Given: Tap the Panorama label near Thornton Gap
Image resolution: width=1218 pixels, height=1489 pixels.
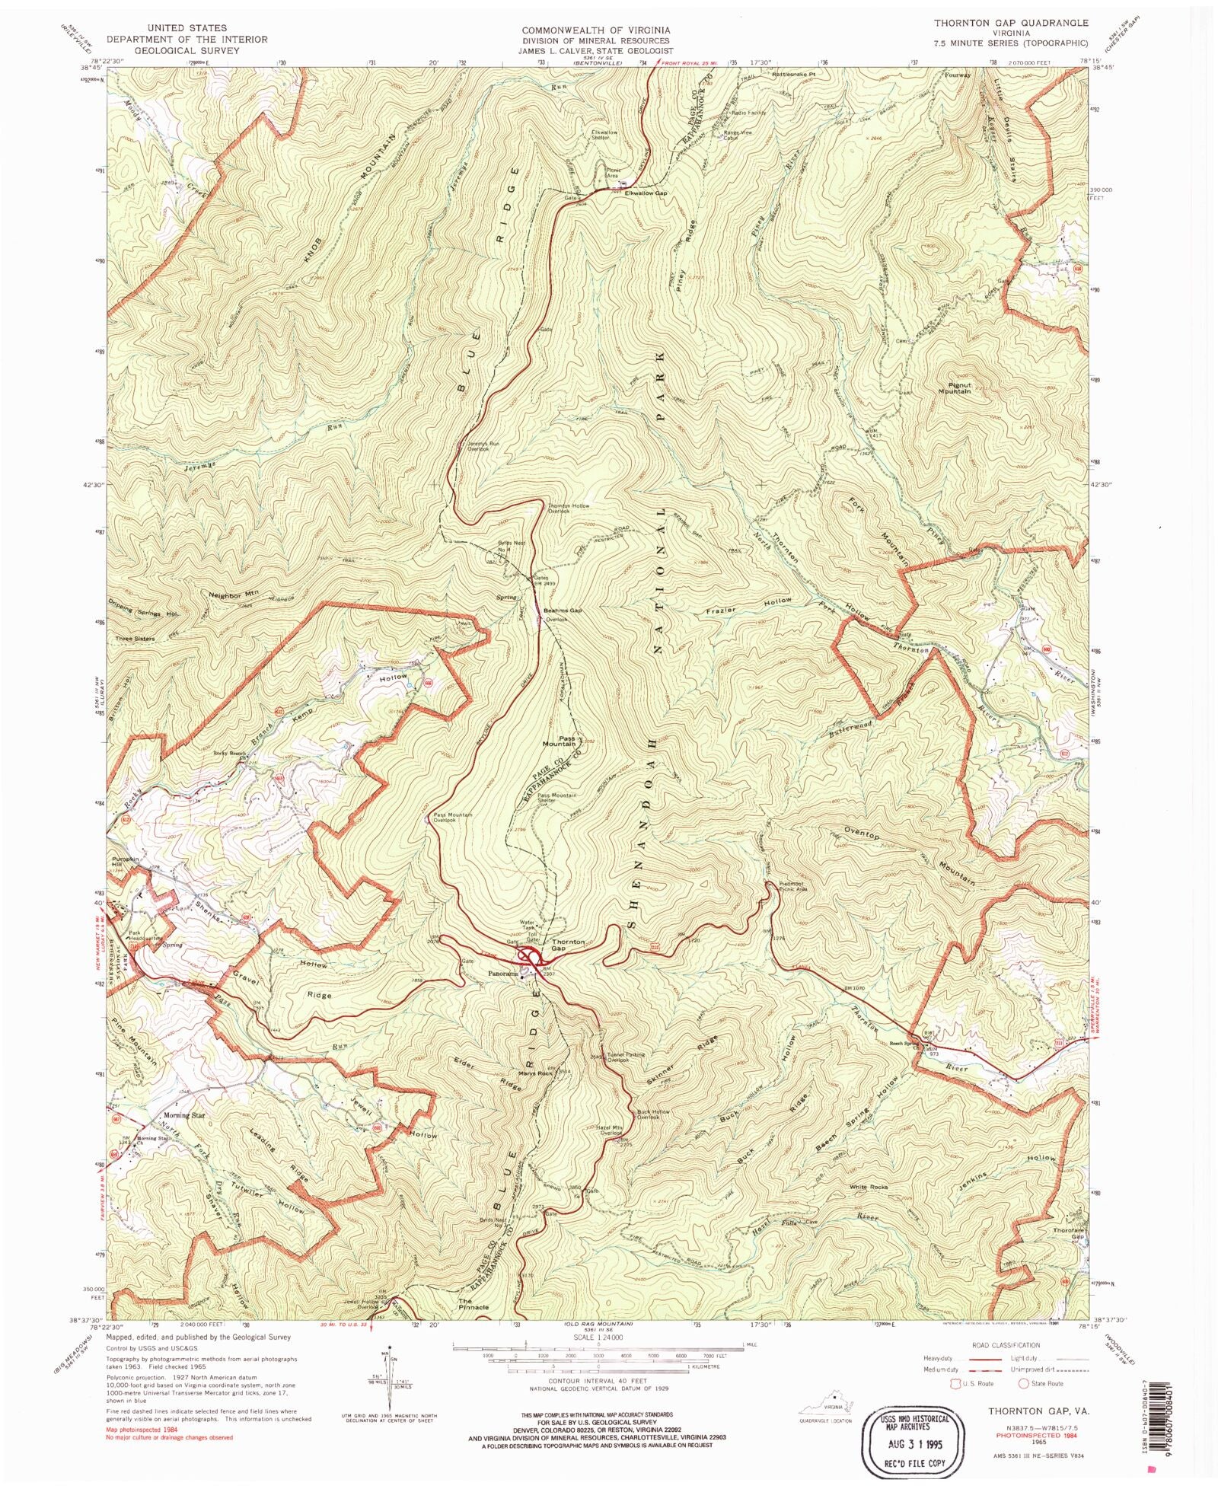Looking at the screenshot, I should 503,974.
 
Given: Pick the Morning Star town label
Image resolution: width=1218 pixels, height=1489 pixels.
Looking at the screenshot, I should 184,1115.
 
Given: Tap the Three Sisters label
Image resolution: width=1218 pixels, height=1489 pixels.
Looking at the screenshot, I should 135,639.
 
